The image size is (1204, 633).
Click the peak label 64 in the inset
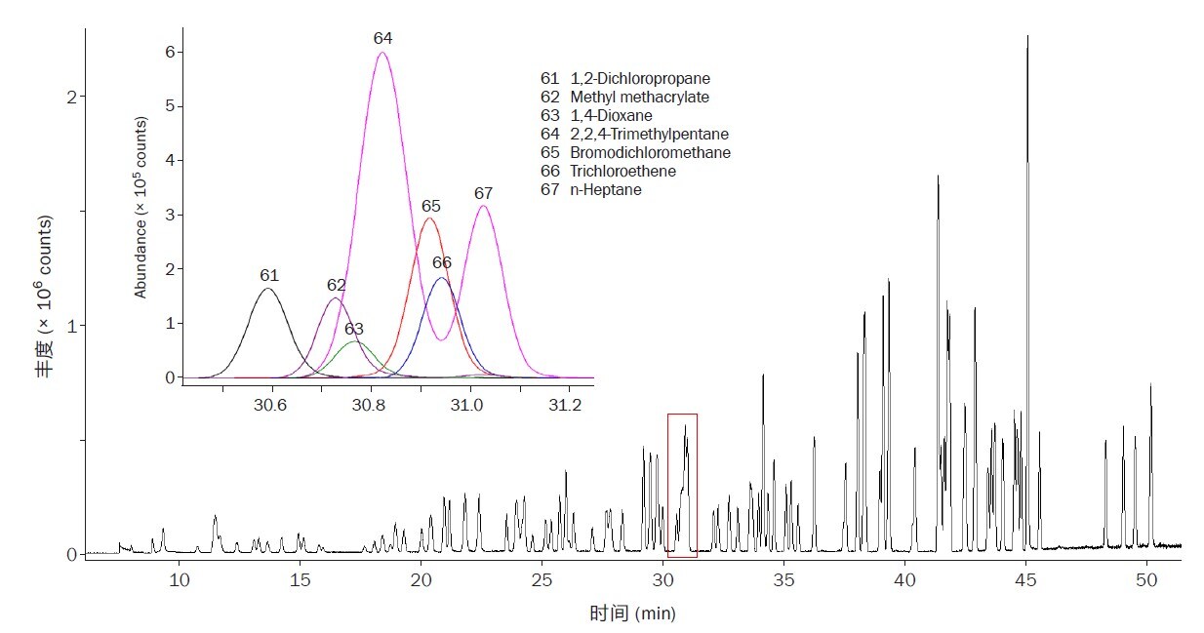pos(382,38)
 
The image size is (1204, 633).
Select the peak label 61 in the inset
pos(269,276)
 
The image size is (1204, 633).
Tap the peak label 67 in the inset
pos(483,193)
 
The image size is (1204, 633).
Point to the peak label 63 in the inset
pos(353,330)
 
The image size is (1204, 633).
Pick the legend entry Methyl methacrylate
pos(624,98)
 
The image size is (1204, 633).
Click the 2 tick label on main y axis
pos(70,97)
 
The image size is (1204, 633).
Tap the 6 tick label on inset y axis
pos(168,52)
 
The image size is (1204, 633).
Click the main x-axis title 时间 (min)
pos(631,613)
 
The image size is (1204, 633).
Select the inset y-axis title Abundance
pos(140,208)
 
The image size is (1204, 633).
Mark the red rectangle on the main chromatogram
pos(682,485)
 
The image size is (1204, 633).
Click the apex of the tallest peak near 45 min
pos(1027,36)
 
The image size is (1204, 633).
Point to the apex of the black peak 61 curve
pos(268,288)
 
